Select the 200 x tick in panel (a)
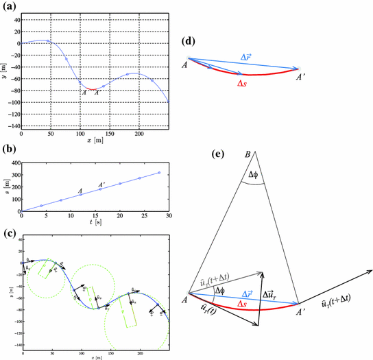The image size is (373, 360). point(139,134)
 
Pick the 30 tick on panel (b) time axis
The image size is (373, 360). point(168,217)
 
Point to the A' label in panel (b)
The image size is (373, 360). point(101,184)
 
